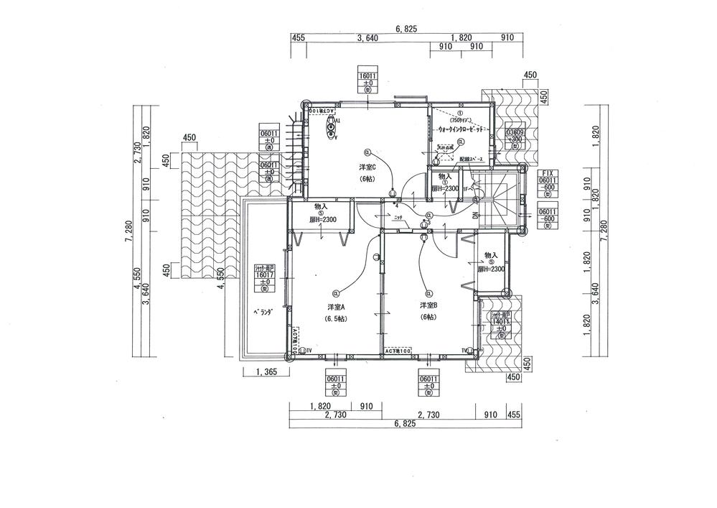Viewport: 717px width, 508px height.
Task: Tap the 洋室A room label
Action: [335, 307]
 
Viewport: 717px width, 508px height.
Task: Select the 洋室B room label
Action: [429, 305]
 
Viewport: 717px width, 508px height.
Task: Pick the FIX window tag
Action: [549, 173]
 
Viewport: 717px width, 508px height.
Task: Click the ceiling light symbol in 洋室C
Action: [367, 152]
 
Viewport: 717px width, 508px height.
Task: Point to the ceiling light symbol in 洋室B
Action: [429, 293]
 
